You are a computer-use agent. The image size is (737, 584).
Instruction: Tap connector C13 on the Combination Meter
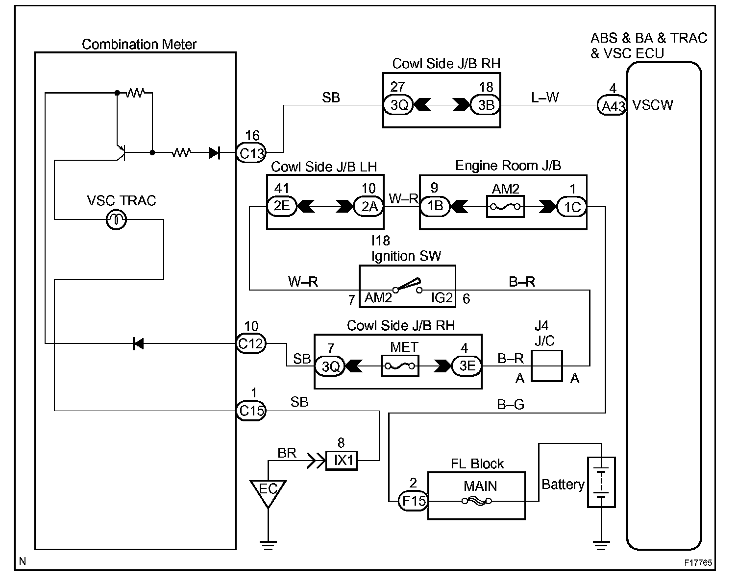[251, 153]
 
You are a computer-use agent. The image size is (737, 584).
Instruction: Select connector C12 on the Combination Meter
[251, 343]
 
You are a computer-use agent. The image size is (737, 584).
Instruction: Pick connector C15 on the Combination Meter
[251, 411]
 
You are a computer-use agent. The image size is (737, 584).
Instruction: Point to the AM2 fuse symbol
[505, 207]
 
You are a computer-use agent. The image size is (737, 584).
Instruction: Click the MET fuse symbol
[399, 366]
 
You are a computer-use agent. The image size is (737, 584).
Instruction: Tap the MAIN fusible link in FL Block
[477, 501]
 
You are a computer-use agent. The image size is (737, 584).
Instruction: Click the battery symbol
[601, 482]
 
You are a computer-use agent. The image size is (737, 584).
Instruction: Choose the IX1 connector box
[342, 461]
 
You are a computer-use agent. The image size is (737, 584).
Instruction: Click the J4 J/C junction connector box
[546, 366]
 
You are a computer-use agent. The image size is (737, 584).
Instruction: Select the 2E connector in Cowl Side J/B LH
[282, 206]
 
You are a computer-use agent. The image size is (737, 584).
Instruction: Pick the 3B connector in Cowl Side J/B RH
[485, 105]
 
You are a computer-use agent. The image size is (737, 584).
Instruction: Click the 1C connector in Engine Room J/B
[571, 207]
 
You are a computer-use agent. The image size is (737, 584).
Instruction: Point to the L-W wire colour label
[544, 97]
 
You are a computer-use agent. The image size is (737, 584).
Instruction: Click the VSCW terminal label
[653, 105]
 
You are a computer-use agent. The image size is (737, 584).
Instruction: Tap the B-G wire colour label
[511, 405]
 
